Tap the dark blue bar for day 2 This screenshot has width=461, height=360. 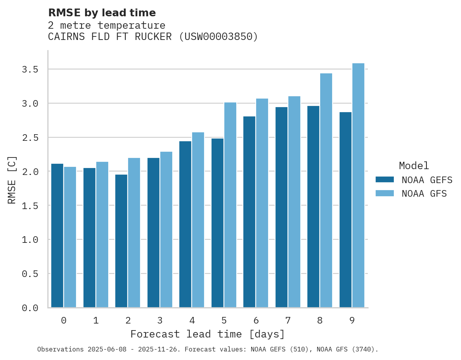point(121,241)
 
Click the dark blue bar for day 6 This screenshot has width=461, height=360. point(249,212)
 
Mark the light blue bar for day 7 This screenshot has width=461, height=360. point(294,202)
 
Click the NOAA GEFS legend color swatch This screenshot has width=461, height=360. point(385,180)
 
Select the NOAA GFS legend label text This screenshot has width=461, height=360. point(424,194)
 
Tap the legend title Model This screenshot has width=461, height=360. point(414,166)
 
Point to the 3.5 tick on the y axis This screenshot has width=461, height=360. point(30,69)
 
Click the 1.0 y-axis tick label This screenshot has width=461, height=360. point(30,240)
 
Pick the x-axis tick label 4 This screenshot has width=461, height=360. point(192,320)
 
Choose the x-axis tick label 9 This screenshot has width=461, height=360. point(352,320)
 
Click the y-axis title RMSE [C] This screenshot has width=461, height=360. point(12,180)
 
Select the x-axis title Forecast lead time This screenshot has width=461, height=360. point(208,334)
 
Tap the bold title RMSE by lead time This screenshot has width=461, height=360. point(102,13)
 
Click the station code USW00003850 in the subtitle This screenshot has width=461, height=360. point(218,37)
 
